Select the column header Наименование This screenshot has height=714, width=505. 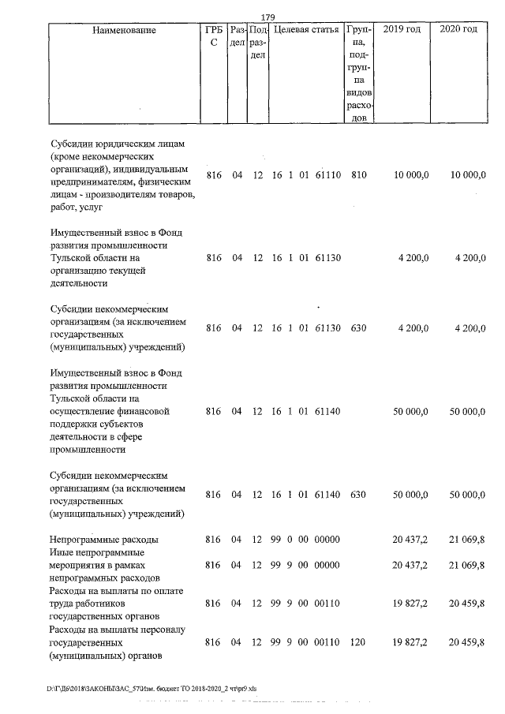point(124,30)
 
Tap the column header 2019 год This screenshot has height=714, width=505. point(402,29)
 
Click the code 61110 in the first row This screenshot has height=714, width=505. point(327,174)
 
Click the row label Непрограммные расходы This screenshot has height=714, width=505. point(103,540)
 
